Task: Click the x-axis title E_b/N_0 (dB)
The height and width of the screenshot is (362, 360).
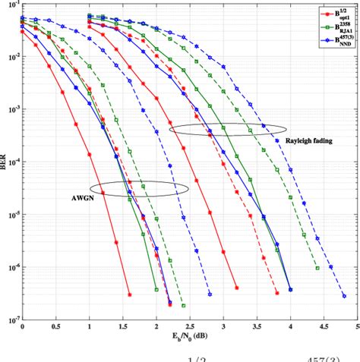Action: [x=190, y=338]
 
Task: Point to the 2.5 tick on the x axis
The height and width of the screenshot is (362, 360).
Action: [x=190, y=327]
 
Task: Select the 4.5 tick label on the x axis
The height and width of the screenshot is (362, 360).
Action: [x=324, y=327]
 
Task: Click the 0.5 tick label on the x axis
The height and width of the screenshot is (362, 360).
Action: [x=56, y=327]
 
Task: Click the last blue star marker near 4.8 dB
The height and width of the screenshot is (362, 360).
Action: [x=344, y=297]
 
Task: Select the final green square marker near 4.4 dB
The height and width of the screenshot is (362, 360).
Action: [x=317, y=268]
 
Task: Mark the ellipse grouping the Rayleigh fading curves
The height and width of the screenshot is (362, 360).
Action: [x=229, y=130]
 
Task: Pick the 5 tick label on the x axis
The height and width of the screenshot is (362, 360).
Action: [x=357, y=327]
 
